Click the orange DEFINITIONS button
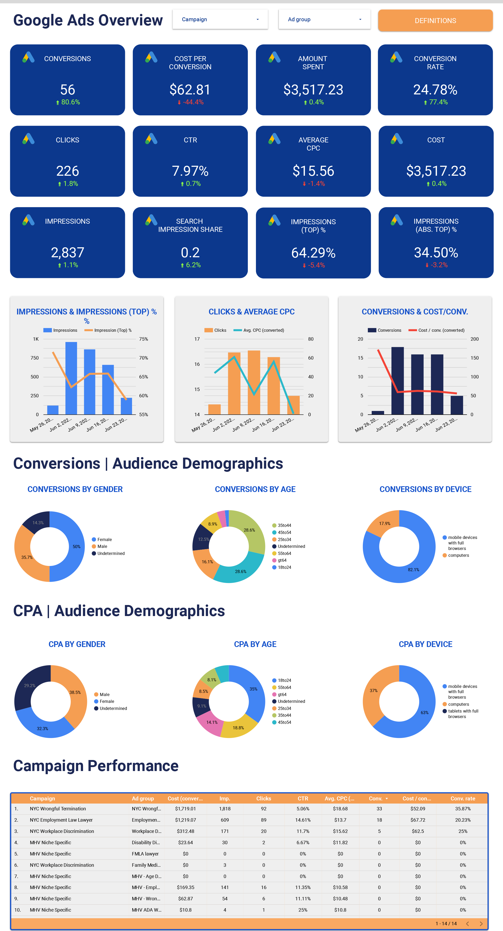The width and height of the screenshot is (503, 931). click(x=435, y=21)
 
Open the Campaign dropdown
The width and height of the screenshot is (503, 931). click(x=220, y=19)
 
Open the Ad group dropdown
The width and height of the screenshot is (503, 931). click(x=324, y=19)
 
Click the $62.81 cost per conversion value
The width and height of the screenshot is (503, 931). click(x=190, y=90)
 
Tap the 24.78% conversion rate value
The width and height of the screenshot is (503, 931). click(x=435, y=90)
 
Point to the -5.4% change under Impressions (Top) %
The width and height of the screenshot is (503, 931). click(x=314, y=265)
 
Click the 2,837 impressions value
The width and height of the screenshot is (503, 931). click(x=68, y=252)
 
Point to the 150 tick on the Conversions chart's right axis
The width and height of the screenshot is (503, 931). click(x=474, y=358)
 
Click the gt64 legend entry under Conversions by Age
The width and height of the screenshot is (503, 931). click(x=282, y=560)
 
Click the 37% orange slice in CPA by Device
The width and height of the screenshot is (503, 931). click(x=373, y=691)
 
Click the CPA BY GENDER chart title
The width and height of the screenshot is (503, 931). click(x=77, y=644)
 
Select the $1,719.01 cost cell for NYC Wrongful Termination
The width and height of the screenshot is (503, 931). click(x=185, y=809)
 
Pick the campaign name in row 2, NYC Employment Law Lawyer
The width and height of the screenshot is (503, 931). click(x=61, y=820)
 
